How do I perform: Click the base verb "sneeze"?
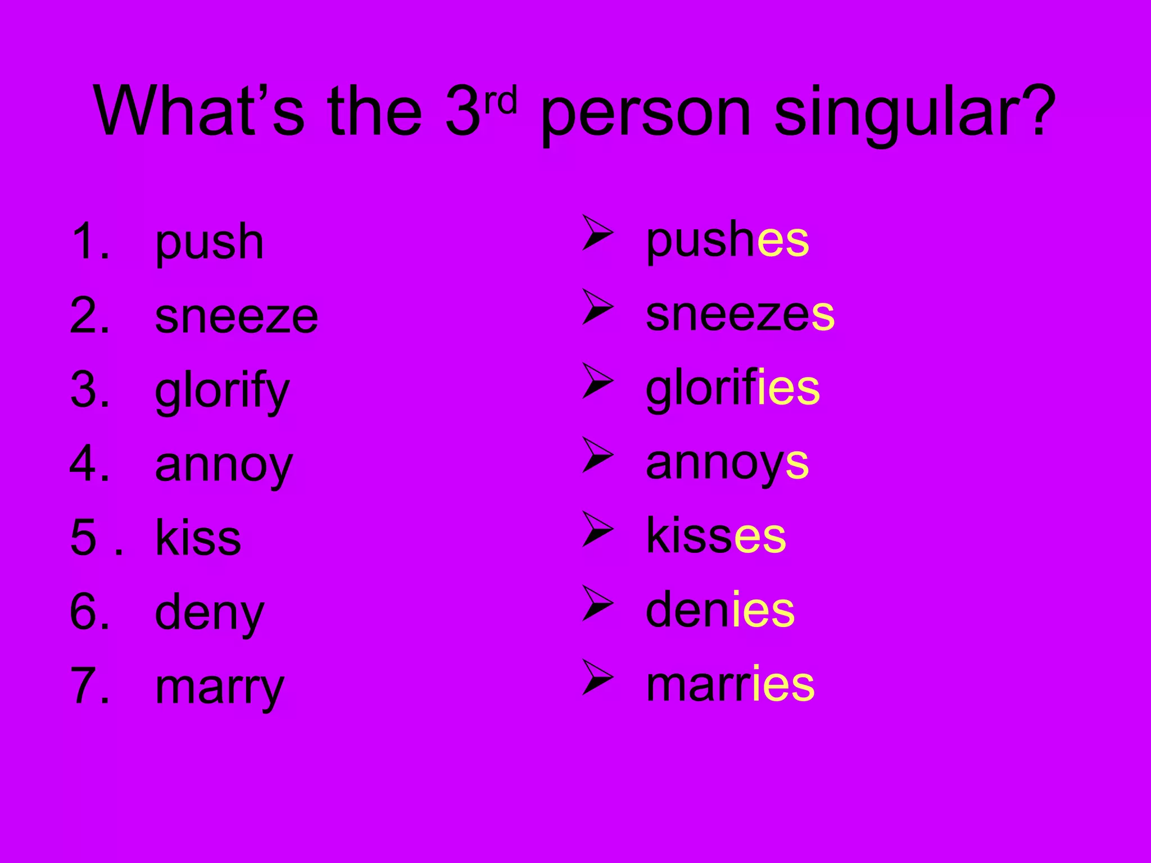236,316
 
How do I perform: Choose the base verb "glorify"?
222,392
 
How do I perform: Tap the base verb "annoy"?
224,466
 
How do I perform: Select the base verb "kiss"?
198,538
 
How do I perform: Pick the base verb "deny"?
209,614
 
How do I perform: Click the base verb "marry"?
219,688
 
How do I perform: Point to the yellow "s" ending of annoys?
797,464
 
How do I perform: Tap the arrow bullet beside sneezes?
597,307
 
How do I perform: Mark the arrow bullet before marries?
597,677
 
